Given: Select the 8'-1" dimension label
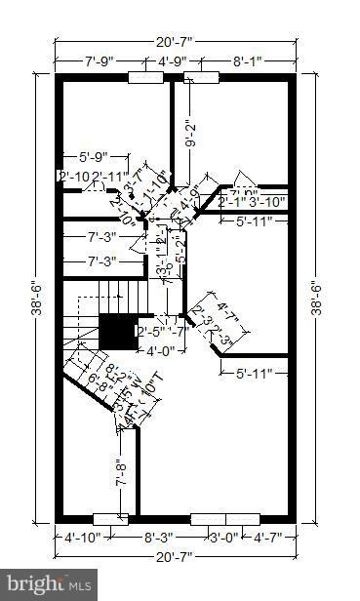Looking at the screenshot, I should click(x=247, y=61).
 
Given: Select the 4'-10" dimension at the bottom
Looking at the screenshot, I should click(x=82, y=536).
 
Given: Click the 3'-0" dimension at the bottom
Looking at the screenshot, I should click(x=225, y=536).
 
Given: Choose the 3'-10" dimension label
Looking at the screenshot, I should click(x=266, y=202).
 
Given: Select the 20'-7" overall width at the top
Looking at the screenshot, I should click(x=176, y=42).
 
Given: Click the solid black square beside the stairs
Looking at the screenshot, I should click(x=117, y=333).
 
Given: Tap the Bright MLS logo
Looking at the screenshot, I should click(x=47, y=584).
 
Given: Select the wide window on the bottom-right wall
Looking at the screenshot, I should click(x=225, y=518).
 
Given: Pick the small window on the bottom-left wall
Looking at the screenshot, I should click(x=109, y=518).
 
